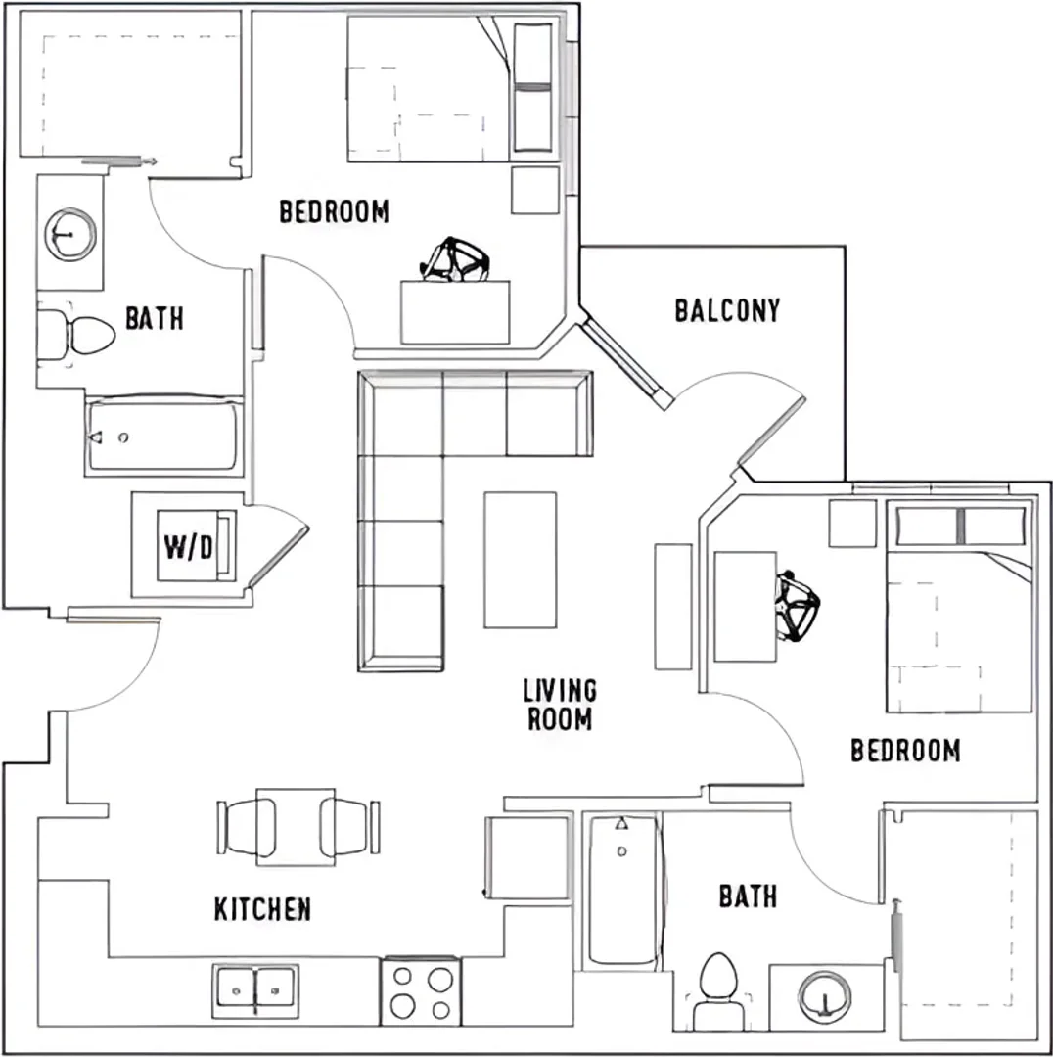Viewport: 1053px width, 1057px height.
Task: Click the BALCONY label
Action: pyautogui.click(x=727, y=310)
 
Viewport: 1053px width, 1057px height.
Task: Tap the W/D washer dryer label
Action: pyautogui.click(x=189, y=547)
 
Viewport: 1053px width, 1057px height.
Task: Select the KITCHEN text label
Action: pyautogui.click(x=263, y=909)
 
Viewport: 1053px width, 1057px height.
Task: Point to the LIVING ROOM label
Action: pyautogui.click(x=560, y=705)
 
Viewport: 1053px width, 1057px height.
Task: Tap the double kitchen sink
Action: pyautogui.click(x=255, y=990)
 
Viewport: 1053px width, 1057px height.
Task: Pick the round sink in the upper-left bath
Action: pyautogui.click(x=70, y=234)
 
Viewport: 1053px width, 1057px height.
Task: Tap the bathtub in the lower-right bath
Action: pyautogui.click(x=622, y=891)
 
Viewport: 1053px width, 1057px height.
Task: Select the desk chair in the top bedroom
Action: pyautogui.click(x=456, y=259)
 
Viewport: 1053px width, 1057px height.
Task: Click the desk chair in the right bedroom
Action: pyautogui.click(x=798, y=606)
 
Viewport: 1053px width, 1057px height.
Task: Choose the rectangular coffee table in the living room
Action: pyautogui.click(x=521, y=560)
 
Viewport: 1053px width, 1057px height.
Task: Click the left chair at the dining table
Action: pyautogui.click(x=247, y=827)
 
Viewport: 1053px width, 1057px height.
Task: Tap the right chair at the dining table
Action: pyautogui.click(x=349, y=827)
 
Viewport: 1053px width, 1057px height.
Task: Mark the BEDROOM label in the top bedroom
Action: pyautogui.click(x=335, y=211)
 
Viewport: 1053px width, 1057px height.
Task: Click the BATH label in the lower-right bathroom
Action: pyautogui.click(x=749, y=896)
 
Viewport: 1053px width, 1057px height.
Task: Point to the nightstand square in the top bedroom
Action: pyautogui.click(x=535, y=191)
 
